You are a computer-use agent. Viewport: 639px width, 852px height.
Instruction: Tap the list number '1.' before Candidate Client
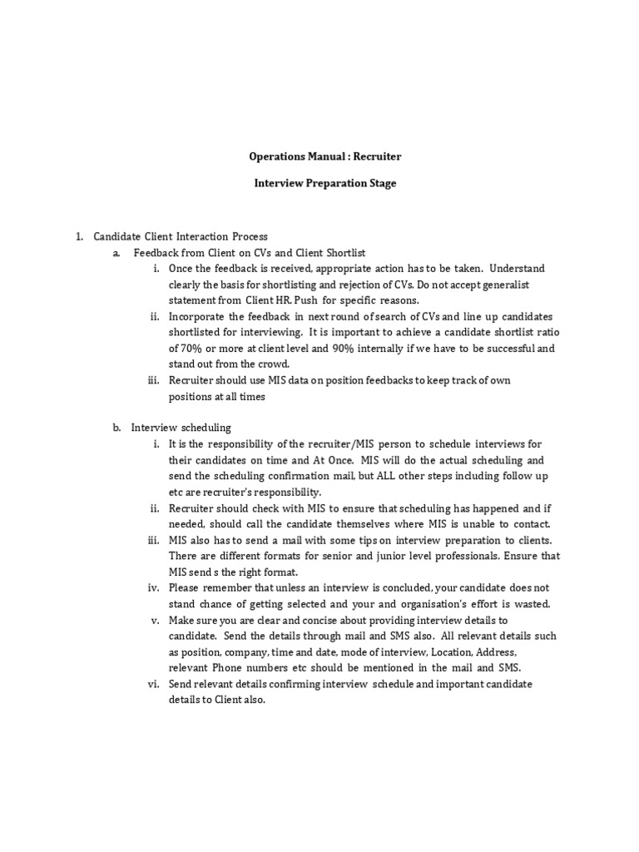point(80,237)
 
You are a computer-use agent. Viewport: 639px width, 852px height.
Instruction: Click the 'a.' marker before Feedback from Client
point(117,253)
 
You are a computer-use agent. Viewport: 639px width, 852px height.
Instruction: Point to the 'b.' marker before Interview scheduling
point(117,428)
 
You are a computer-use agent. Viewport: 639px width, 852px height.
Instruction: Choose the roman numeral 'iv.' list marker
point(155,587)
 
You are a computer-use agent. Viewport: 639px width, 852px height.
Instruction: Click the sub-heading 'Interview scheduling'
point(181,428)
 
